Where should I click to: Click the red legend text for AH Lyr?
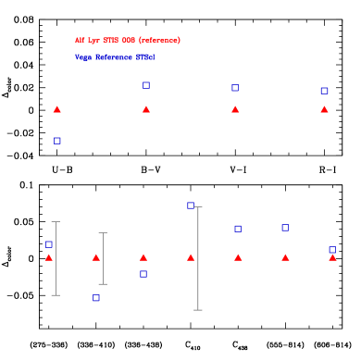[x=128, y=41]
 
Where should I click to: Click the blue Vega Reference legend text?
[x=115, y=57]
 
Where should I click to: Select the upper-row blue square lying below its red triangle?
[x=56, y=141]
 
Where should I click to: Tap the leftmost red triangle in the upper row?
[x=56, y=109]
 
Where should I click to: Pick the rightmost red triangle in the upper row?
[x=324, y=109]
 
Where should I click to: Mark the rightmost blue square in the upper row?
[x=324, y=91]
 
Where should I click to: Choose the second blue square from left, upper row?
[x=145, y=85]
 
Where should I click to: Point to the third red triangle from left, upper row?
[x=235, y=109]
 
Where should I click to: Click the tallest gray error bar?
[x=198, y=258]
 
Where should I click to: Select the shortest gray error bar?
[x=103, y=258]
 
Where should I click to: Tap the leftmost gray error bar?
[x=56, y=258]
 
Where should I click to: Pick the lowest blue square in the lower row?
[x=95, y=298]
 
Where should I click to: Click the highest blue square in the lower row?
[x=190, y=205]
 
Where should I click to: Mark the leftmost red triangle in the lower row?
[x=49, y=257]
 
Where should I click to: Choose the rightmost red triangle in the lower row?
[x=332, y=257]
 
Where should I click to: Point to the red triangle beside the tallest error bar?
[x=191, y=257]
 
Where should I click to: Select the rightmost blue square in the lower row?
[x=332, y=249]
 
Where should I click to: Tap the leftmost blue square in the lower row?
[x=49, y=244]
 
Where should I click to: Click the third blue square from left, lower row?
[x=143, y=274]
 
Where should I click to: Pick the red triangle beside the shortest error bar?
[x=96, y=257]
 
